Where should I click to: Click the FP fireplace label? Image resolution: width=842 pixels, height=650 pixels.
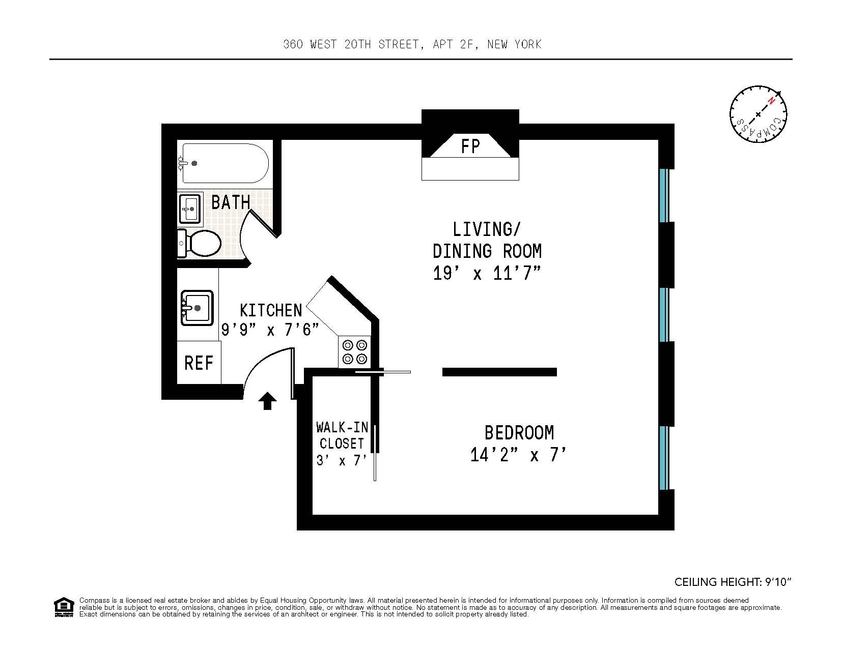point(470,146)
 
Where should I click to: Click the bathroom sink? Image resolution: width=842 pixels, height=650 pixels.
point(190,208)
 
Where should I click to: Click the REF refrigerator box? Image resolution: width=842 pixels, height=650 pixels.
point(199,363)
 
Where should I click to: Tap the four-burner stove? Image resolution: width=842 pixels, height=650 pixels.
point(355,351)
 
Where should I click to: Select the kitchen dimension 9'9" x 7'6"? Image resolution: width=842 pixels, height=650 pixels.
point(270,330)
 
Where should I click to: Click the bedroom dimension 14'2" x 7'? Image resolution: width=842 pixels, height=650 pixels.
point(518,455)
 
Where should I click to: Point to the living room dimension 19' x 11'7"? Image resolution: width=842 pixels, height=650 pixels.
point(486,274)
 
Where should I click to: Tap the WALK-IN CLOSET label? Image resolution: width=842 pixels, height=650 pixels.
point(341,435)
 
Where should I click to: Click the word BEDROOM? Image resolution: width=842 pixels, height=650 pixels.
point(519,433)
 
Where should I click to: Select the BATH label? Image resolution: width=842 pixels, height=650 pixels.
point(231,202)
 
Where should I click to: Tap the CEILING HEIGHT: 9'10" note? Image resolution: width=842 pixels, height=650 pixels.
point(733,582)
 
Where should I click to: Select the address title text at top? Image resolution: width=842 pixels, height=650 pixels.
point(412,44)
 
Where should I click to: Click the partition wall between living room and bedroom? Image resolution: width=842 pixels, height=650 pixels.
point(499,372)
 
